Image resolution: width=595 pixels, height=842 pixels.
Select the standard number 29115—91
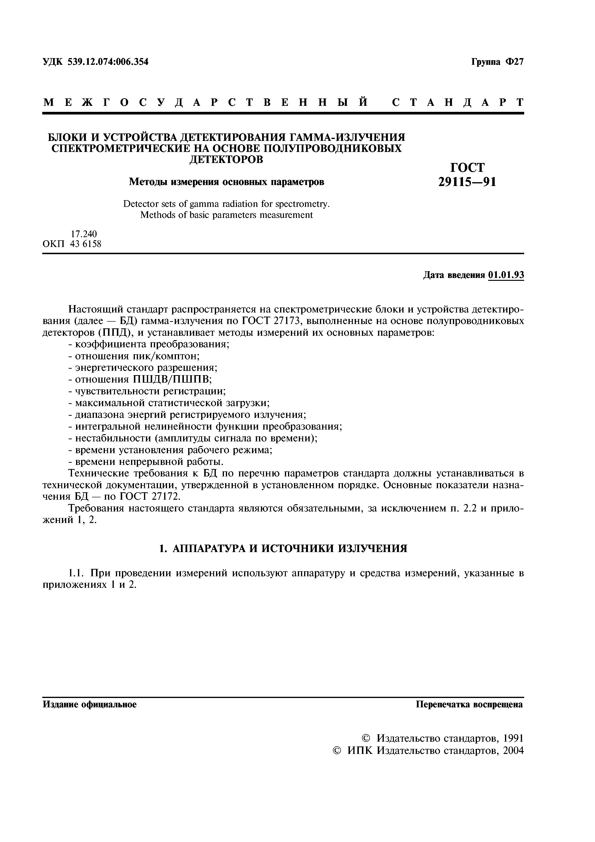point(467,181)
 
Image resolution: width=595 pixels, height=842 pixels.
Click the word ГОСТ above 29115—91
point(467,167)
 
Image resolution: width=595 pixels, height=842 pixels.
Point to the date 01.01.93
point(506,275)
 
